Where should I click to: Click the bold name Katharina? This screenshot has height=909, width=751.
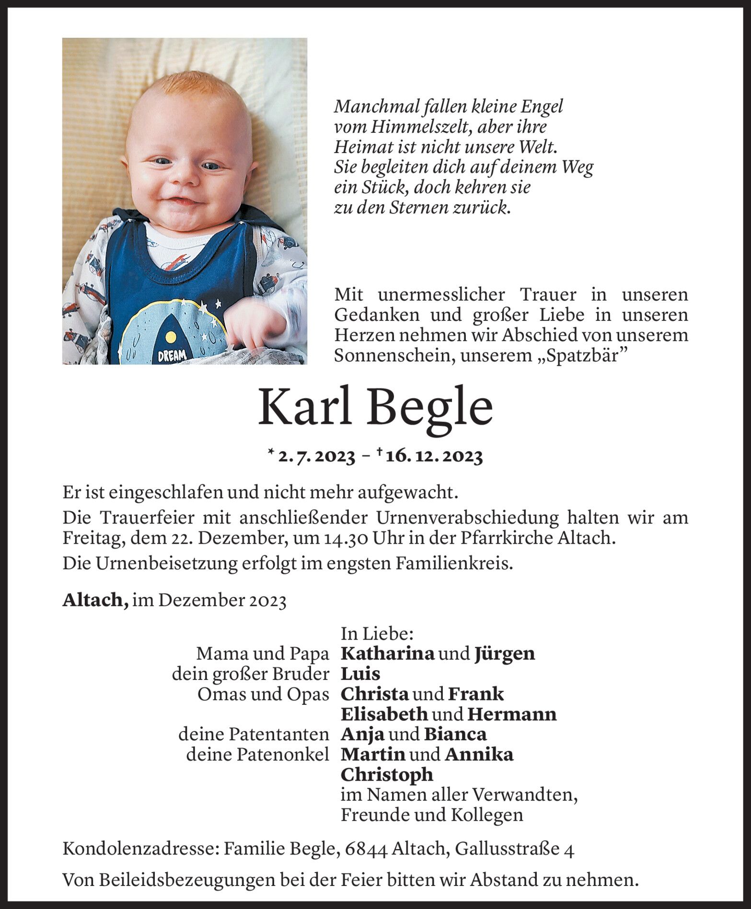387,653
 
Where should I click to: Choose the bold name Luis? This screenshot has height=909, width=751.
360,674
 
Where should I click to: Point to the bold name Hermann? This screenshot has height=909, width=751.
511,714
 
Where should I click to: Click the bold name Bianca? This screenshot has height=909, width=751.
455,734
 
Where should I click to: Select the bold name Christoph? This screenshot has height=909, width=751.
386,775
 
